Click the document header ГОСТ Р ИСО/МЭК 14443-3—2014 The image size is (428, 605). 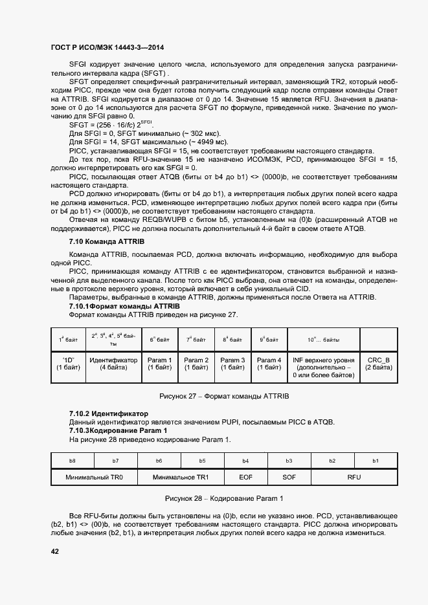pos(107,47)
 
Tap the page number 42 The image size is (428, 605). pos(55,551)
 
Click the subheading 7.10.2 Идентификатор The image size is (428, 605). pos(108,413)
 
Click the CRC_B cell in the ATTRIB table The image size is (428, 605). pos(378,363)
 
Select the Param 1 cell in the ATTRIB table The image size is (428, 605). pos(160,363)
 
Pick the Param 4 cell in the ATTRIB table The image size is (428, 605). pos(269,363)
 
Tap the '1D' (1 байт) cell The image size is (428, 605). pos(69,363)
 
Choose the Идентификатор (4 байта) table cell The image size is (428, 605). pos(113,363)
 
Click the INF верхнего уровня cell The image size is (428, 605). pos(323,366)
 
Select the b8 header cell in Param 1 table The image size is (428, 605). pos(72,460)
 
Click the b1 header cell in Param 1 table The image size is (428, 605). pos(375,460)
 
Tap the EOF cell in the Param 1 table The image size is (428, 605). pos(245,477)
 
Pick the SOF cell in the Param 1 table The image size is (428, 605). pos(289,477)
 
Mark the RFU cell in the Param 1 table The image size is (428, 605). pos(354,477)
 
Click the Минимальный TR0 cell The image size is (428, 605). pos(94,477)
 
